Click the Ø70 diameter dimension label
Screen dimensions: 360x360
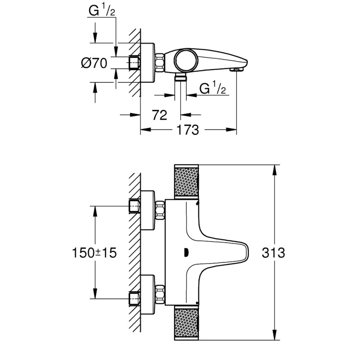coord(94,63)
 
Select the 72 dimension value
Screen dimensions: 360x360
coord(160,115)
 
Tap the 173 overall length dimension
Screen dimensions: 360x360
coord(188,130)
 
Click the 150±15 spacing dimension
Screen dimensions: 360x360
coord(94,252)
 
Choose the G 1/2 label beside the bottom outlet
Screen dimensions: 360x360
coord(212,89)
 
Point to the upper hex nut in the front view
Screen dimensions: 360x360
coord(159,209)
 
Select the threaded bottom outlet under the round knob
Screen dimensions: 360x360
coord(181,79)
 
